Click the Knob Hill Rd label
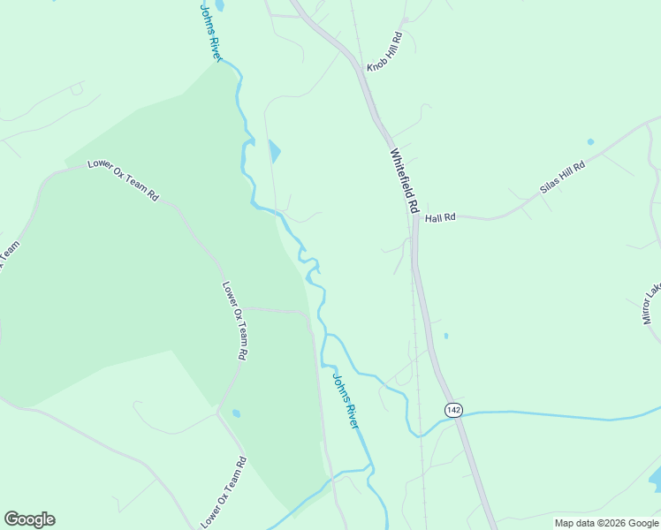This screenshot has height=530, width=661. pyautogui.click(x=385, y=53)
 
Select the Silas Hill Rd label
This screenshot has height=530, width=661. pyautogui.click(x=563, y=178)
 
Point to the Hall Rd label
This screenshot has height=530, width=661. pyautogui.click(x=439, y=217)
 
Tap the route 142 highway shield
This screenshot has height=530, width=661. pyautogui.click(x=453, y=409)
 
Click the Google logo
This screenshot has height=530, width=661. pyautogui.click(x=29, y=519)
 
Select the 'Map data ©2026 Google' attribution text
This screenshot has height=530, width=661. pyautogui.click(x=607, y=523)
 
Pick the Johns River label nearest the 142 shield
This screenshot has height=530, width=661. pyautogui.click(x=346, y=401)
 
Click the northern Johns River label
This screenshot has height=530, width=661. pyautogui.click(x=210, y=33)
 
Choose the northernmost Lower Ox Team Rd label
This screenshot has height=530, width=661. pyautogui.click(x=122, y=180)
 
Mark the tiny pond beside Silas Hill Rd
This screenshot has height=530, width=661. pyautogui.click(x=590, y=141)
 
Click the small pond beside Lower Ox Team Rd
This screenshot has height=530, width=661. pyautogui.click(x=236, y=413)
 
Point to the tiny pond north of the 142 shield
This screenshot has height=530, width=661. pyautogui.click(x=445, y=336)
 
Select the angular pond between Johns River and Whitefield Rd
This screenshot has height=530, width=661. pyautogui.click(x=274, y=152)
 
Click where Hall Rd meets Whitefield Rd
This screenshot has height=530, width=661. pyautogui.click(x=414, y=218)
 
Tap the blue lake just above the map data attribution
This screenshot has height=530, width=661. pyautogui.click(x=655, y=480)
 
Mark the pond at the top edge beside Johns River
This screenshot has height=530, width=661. pyautogui.click(x=218, y=5)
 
